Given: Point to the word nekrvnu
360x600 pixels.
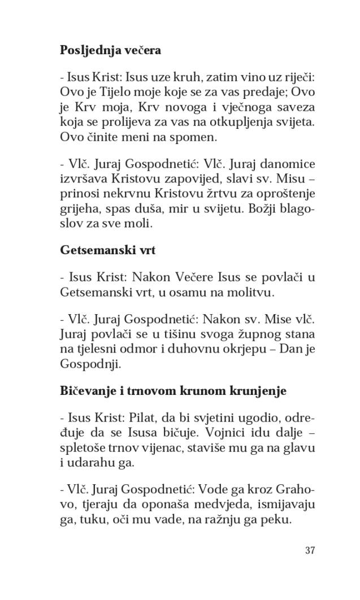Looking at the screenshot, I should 123,195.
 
